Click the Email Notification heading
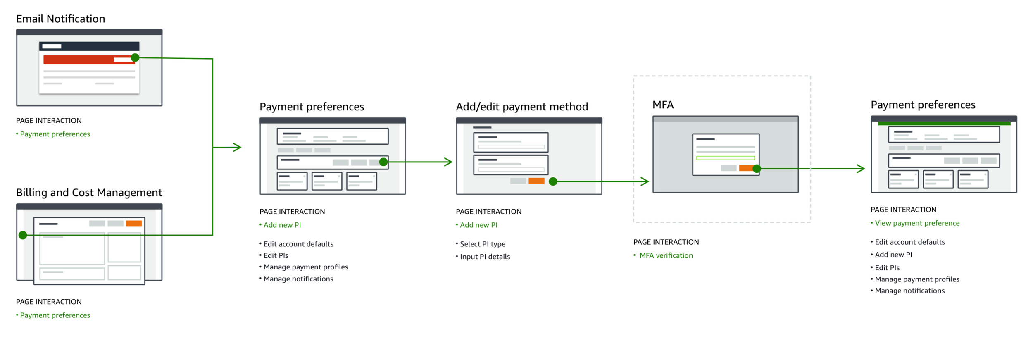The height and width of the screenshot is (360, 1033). (x=60, y=19)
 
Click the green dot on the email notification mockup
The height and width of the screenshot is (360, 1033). (x=135, y=58)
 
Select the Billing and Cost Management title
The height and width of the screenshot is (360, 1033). (x=89, y=193)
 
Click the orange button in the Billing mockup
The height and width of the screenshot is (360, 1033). (x=134, y=224)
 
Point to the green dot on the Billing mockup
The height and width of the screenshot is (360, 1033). (x=23, y=235)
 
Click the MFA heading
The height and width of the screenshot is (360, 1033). (x=663, y=105)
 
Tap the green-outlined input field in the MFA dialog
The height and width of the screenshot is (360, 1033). (x=725, y=158)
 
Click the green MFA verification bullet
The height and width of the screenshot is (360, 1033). (x=663, y=255)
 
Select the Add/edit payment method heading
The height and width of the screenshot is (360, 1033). (x=522, y=107)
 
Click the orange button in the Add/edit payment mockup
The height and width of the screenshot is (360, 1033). (x=536, y=181)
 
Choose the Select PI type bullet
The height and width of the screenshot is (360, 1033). (x=481, y=244)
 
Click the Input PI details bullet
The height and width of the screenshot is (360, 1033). (x=483, y=257)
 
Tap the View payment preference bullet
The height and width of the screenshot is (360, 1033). (x=915, y=223)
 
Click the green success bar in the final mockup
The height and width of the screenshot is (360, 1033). (x=944, y=123)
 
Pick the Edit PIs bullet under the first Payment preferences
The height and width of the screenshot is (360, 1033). (x=274, y=255)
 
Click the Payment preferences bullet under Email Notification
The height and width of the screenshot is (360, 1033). (x=53, y=134)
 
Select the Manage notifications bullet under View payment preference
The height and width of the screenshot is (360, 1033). (x=907, y=291)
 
